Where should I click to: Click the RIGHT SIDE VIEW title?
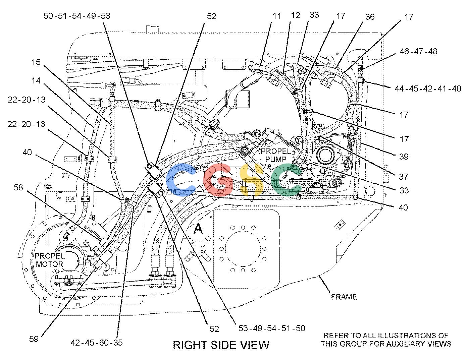tap(221, 345)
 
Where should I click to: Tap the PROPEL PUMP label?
tap(276, 156)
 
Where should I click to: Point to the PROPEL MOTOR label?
tap(50, 260)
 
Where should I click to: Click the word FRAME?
tap(344, 297)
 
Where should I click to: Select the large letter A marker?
tap(198, 229)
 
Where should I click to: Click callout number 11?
tap(277, 16)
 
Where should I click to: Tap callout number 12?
tap(295, 15)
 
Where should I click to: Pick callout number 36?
tap(370, 17)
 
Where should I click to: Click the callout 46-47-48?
tap(418, 52)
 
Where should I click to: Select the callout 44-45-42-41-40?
tap(428, 88)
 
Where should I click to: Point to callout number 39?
tap(404, 157)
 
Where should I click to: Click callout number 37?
tap(403, 177)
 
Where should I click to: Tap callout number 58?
tap(18, 187)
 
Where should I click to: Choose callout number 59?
tap(34, 339)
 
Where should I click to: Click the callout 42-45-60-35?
tap(97, 343)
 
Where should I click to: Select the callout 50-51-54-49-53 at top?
tap(77, 16)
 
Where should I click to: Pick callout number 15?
tap(36, 62)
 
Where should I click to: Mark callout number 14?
tap(36, 81)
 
